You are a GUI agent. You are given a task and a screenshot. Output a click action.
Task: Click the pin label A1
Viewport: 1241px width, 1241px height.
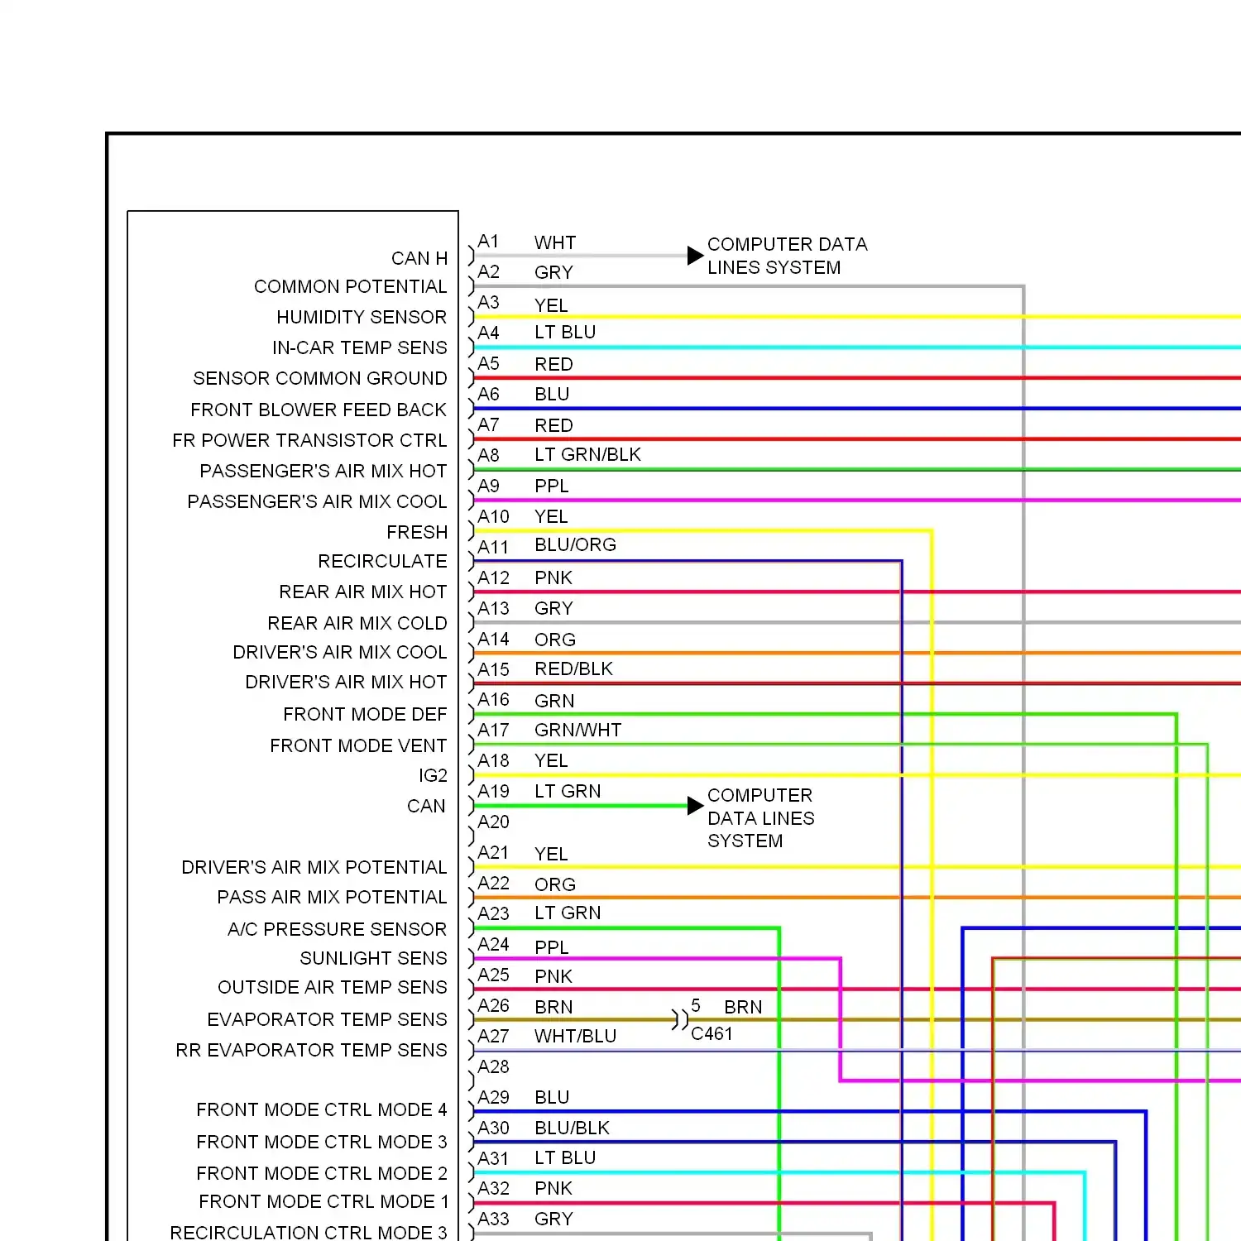coord(488,242)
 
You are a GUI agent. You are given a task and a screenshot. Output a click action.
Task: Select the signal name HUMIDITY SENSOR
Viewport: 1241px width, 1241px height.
coord(362,317)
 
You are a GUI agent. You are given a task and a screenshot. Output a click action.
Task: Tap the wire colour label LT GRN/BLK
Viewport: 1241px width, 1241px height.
coord(587,454)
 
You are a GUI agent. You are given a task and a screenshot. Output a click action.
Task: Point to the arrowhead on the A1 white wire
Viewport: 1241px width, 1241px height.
coord(696,256)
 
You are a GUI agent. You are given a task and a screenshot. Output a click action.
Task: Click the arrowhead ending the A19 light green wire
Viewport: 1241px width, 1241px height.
coord(696,806)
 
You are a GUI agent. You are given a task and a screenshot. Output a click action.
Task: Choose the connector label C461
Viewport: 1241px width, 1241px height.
coord(712,1033)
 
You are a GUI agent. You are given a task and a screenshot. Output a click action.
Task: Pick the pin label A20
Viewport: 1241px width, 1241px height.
coord(493,822)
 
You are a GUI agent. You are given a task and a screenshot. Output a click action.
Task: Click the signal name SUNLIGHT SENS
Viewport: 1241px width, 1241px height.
coord(373,958)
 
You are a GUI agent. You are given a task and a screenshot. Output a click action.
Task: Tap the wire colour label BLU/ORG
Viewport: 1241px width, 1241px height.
coord(575,544)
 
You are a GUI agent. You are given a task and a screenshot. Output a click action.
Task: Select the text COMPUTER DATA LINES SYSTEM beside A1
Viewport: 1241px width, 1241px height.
coord(787,256)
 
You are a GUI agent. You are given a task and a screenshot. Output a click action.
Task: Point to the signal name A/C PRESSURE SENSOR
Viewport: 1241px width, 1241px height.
coord(337,929)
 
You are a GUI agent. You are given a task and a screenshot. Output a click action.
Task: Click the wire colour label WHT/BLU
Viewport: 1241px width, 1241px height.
coord(575,1036)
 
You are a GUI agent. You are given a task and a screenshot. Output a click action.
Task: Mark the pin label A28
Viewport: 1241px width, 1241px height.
coord(493,1066)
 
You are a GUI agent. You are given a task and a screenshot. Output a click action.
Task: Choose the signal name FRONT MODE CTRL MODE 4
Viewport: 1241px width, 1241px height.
coord(322,1109)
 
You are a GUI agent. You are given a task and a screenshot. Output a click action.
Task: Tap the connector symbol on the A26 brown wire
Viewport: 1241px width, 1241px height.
coord(679,1019)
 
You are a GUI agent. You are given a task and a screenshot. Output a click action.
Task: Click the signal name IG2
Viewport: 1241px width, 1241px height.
coord(433,775)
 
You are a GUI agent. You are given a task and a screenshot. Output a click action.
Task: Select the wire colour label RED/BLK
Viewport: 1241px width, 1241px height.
coord(573,668)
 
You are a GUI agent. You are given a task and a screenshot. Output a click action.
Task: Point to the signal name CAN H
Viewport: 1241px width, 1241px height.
coord(419,258)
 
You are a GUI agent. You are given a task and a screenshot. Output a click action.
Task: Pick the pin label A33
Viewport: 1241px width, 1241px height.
coord(493,1219)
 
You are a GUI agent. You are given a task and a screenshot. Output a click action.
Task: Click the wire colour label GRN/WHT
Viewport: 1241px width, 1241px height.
coord(577,730)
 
